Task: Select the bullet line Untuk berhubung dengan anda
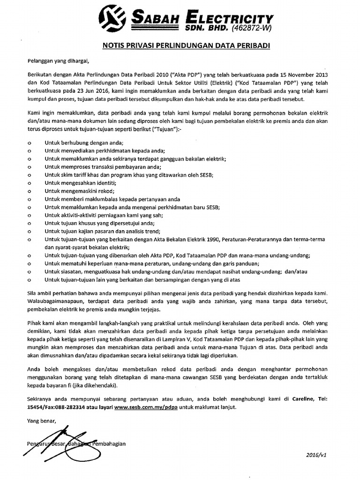pyautogui.click(x=84, y=142)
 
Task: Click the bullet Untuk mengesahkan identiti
pyautogui.click(x=80, y=182)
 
